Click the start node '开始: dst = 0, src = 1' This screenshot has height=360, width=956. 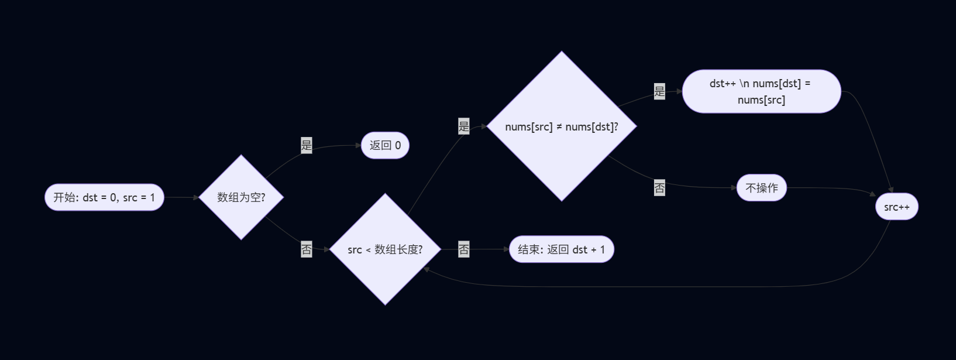click(104, 197)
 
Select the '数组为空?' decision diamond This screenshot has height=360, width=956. click(241, 197)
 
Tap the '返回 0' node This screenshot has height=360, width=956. click(385, 145)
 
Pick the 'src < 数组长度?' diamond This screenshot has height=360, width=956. click(385, 249)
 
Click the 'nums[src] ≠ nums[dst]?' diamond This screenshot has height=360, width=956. click(562, 126)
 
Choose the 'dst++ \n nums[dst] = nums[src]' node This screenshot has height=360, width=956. click(761, 91)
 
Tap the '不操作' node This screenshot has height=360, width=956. click(761, 188)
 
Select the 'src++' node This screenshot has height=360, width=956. click(896, 207)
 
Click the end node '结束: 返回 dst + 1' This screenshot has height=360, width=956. click(561, 249)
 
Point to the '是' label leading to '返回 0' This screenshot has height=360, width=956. click(307, 145)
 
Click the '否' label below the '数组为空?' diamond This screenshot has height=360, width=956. click(307, 249)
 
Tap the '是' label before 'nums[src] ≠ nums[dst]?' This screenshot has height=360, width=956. click(464, 126)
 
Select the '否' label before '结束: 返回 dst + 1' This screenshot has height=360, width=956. click(464, 249)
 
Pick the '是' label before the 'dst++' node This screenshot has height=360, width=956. click(659, 91)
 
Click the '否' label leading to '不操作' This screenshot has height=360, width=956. click(659, 188)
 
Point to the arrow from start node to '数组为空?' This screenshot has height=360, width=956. click(181, 197)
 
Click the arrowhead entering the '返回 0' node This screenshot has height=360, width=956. click(358, 145)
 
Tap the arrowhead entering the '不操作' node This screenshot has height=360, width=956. click(733, 188)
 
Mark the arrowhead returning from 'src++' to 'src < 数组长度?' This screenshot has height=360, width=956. click(427, 269)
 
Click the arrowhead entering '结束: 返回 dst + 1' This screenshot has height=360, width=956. click(506, 249)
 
